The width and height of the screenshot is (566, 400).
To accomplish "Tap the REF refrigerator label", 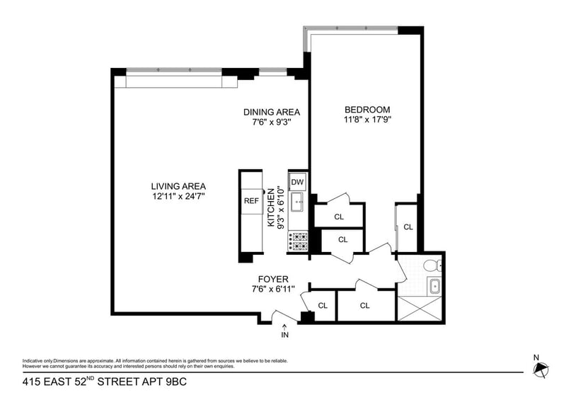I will point(251,200).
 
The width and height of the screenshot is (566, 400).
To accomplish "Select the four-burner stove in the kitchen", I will point(298,242).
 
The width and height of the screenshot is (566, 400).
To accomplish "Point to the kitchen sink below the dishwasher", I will point(297,202).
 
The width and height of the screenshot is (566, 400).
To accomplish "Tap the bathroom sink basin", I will point(433,287).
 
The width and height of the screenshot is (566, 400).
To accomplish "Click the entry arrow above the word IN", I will point(285,326).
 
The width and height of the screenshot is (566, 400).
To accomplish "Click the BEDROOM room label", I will point(367,109).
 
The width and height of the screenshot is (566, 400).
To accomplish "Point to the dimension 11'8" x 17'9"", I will point(367,120).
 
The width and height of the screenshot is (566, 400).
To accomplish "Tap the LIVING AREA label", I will point(178,186).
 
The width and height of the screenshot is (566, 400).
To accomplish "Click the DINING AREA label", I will point(272,112).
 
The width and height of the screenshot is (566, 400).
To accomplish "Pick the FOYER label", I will point(272,279).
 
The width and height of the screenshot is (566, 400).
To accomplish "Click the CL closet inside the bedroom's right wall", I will point(408,227).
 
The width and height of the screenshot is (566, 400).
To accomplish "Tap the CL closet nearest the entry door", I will point(323,306).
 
